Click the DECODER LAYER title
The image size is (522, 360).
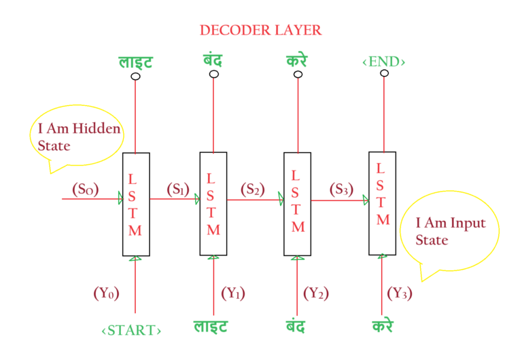pyautogui.click(x=260, y=31)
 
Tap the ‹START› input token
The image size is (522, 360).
pyautogui.click(x=131, y=330)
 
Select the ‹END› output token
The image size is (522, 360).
pyautogui.click(x=383, y=62)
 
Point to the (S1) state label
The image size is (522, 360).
pyautogui.click(x=177, y=189)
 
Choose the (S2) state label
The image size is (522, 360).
pyautogui.click(x=251, y=190)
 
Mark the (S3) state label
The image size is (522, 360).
pyautogui.click(x=339, y=190)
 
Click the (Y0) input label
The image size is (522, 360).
pyautogui.click(x=106, y=294)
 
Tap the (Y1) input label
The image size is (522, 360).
pyautogui.click(x=233, y=294)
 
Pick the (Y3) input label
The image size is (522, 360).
pyautogui.click(x=400, y=294)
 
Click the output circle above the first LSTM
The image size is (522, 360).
pyautogui.click(x=136, y=76)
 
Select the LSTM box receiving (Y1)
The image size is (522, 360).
pyautogui.click(x=213, y=204)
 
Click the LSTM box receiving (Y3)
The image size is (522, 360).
pyautogui.click(x=382, y=203)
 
